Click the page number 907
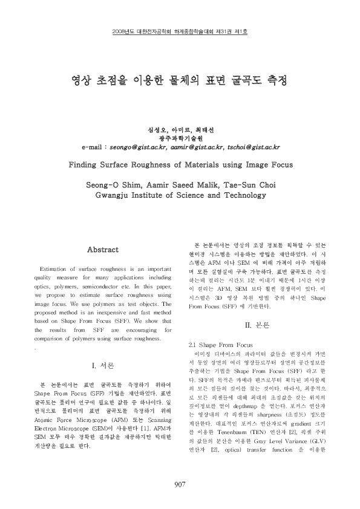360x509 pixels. click(179, 484)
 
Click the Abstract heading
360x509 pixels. click(103, 249)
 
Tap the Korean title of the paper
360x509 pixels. click(179, 79)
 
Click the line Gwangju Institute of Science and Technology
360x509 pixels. click(179, 195)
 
